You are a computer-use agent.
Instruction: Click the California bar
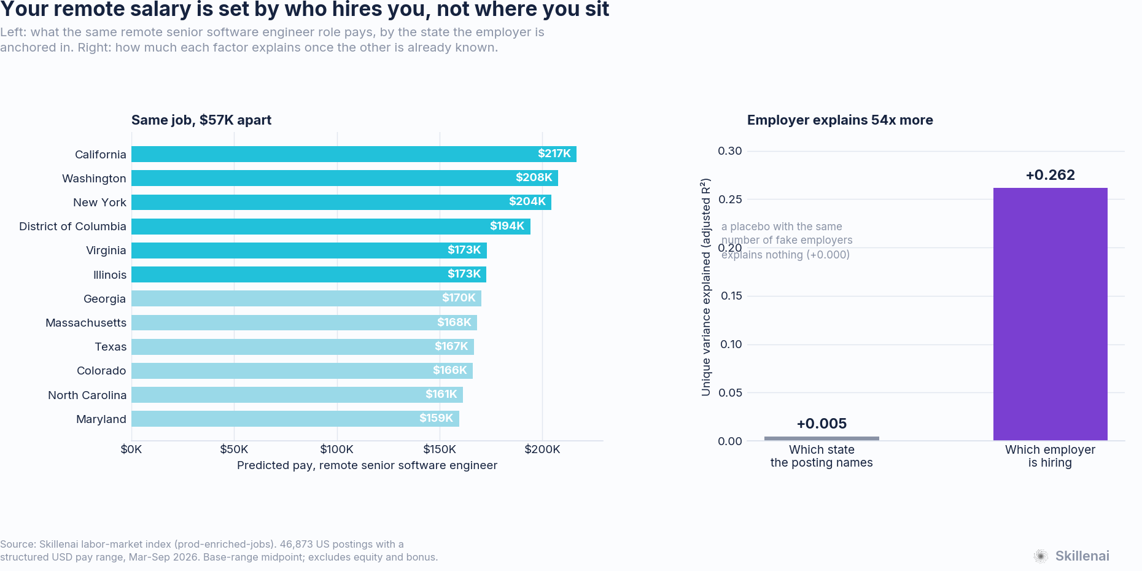pos(354,154)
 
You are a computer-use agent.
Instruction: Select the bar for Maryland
pos(295,419)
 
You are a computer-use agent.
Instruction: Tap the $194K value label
pos(507,226)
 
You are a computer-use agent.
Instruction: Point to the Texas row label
pos(111,347)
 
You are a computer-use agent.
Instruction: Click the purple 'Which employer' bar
pos(1051,314)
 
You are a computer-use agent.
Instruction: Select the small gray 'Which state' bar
pos(822,438)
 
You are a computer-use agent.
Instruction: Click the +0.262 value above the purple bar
pos(1051,175)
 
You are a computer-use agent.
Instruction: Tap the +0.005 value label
pos(822,424)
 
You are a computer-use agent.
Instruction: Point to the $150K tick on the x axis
pos(440,449)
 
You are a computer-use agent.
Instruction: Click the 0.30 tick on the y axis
pos(730,151)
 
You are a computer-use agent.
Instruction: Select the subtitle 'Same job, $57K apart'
pos(201,120)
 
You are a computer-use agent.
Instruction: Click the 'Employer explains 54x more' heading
pos(840,120)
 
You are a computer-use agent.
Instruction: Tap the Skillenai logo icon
pos(1041,556)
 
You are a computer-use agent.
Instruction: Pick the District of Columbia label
pos(72,227)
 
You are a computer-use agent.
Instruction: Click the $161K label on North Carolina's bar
pos(441,394)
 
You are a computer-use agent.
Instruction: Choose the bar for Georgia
pos(306,298)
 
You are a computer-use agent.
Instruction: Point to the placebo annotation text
pos(787,241)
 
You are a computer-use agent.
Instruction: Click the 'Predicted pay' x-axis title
pos(367,465)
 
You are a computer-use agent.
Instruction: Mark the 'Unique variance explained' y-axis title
pos(706,287)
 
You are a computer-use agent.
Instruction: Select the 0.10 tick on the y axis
pos(731,344)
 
